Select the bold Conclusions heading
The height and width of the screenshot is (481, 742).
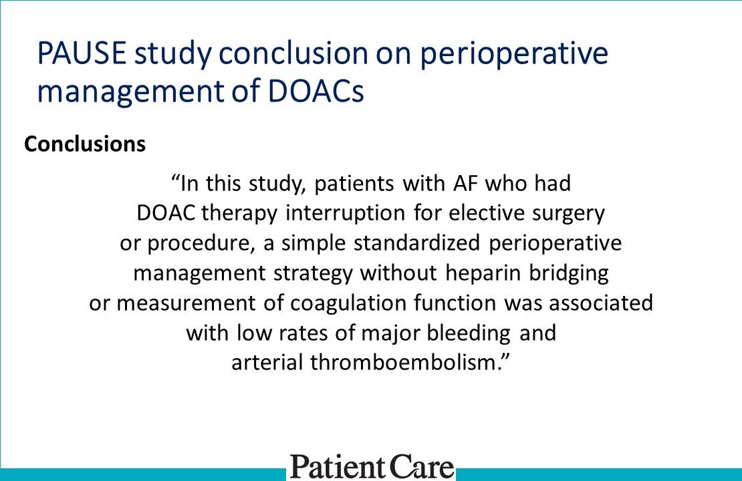coord(85,144)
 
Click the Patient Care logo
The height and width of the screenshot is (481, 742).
coord(371,466)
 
